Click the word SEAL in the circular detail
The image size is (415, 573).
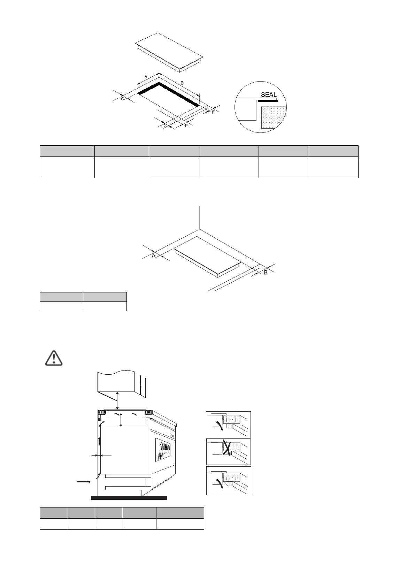click(269, 95)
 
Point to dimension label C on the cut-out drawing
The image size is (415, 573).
click(123, 99)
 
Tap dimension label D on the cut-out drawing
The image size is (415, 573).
click(164, 125)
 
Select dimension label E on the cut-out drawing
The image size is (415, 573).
click(186, 125)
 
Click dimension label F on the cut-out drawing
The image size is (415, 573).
click(213, 112)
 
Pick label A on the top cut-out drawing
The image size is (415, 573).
click(146, 76)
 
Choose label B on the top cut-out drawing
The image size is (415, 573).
click(182, 83)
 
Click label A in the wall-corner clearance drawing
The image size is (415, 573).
click(153, 256)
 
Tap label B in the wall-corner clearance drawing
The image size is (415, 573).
click(266, 273)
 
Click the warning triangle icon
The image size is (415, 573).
click(54, 358)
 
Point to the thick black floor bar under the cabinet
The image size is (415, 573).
click(129, 498)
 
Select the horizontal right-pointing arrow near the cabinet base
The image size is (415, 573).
click(84, 482)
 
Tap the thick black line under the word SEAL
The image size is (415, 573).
click(268, 101)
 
